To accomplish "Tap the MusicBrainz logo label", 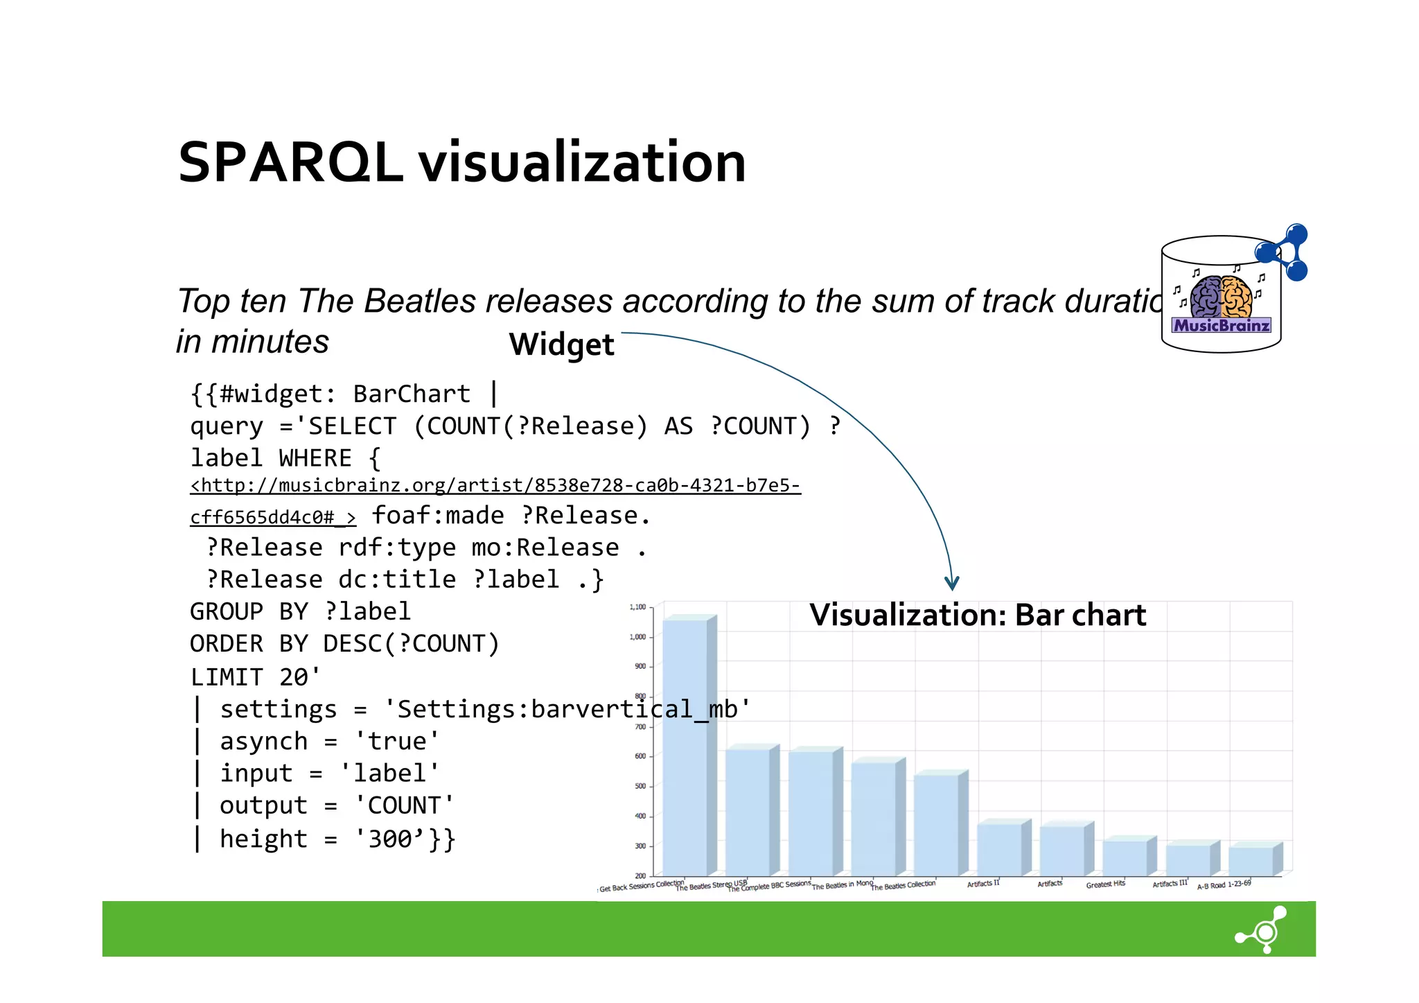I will (1221, 325).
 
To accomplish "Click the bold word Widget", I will (561, 344).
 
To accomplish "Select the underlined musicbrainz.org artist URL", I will (495, 485).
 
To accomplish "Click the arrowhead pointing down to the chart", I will (952, 582).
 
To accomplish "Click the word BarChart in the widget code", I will (412, 394).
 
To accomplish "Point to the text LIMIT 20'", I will (255, 677).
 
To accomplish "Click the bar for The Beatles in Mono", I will (874, 818).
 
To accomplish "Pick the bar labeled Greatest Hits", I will (1125, 857).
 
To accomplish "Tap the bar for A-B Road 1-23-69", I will (1251, 860).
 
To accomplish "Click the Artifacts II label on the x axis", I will (983, 884).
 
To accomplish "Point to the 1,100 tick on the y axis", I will (637, 607).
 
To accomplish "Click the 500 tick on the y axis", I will (640, 786).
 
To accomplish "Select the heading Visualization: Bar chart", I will (977, 616).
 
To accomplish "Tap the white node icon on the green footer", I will (1263, 930).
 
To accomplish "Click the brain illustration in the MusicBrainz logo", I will (1222, 296).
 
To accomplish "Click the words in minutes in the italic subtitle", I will (252, 342).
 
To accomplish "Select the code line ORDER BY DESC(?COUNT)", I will (344, 644).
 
